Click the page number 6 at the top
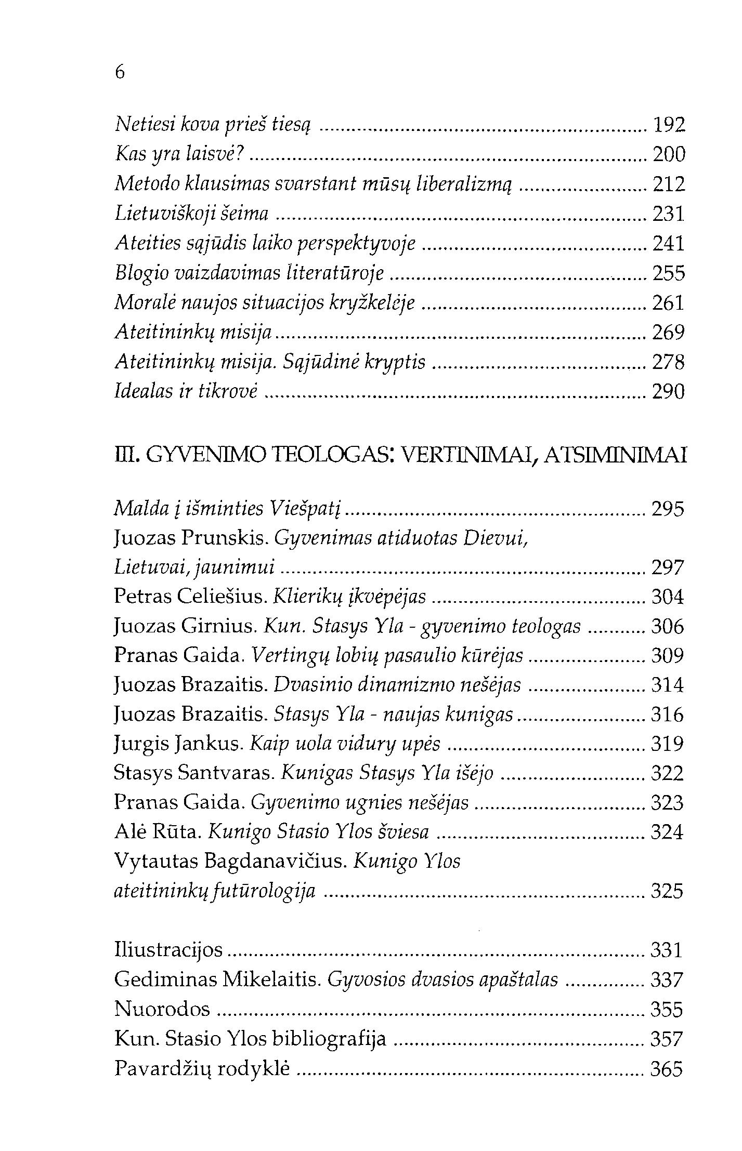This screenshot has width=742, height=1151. pyautogui.click(x=120, y=73)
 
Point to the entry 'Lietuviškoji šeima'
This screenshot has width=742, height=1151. pyautogui.click(x=191, y=214)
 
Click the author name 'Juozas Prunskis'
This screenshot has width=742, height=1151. pyautogui.click(x=190, y=539)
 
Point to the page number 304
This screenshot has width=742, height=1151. pyautogui.click(x=668, y=598)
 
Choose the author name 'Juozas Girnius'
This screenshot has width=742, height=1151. pyautogui.click(x=185, y=627)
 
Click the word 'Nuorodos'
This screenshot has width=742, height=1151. pyautogui.click(x=162, y=1010)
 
